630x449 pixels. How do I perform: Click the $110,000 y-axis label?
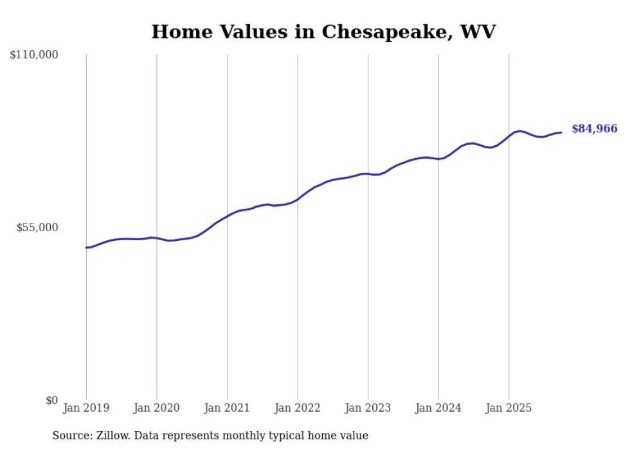34,55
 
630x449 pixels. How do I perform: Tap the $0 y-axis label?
51,400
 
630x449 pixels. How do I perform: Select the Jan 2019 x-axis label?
86,408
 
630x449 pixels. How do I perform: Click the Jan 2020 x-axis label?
157,408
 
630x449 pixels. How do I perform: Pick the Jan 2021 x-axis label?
227,408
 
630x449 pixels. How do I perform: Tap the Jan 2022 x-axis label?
298,408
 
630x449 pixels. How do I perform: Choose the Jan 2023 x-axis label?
368,408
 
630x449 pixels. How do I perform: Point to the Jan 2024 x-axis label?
438,408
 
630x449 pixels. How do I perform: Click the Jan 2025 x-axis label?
509,408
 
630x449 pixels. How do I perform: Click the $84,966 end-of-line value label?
594,129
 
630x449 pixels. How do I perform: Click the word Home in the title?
179,31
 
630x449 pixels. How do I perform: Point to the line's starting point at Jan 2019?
86,247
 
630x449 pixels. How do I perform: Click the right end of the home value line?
561,132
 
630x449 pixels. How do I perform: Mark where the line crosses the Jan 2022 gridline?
298,198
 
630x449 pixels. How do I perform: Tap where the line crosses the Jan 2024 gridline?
438,159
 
